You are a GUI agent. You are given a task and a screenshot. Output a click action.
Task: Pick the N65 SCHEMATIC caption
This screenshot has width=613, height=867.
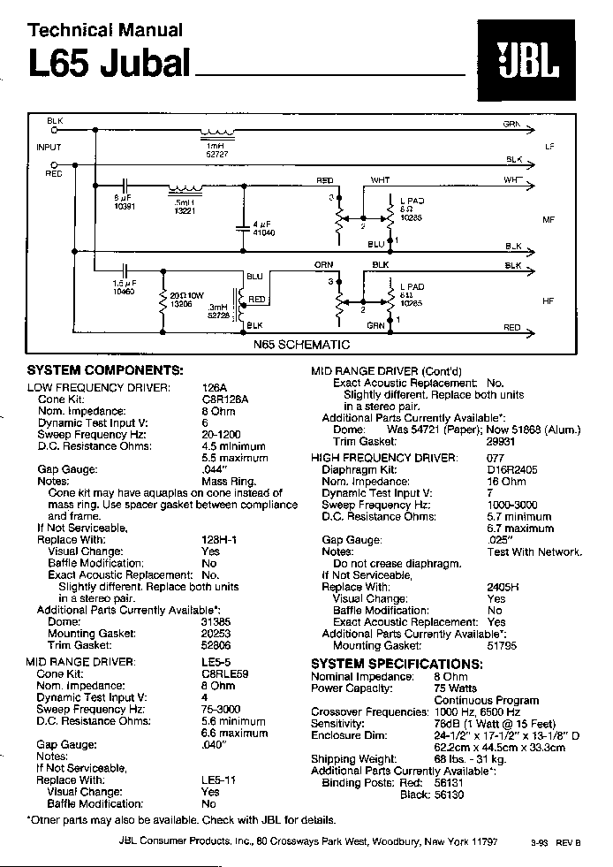(302, 345)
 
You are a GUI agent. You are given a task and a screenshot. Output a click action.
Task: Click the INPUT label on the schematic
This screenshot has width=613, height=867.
(49, 147)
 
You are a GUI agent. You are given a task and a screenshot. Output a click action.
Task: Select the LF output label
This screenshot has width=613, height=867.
(549, 145)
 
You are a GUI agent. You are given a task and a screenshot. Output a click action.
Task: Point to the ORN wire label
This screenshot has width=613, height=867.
(323, 264)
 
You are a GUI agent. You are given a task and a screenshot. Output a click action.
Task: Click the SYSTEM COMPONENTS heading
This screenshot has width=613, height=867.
(104, 369)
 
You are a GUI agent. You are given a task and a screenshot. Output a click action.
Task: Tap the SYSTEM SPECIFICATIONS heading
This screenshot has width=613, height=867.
(397, 664)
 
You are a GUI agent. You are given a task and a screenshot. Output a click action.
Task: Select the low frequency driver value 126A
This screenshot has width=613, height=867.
(215, 387)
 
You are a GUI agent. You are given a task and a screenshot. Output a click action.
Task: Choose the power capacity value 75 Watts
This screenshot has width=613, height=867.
(456, 688)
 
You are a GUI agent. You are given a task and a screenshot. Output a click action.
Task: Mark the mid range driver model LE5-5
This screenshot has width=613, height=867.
(216, 661)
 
